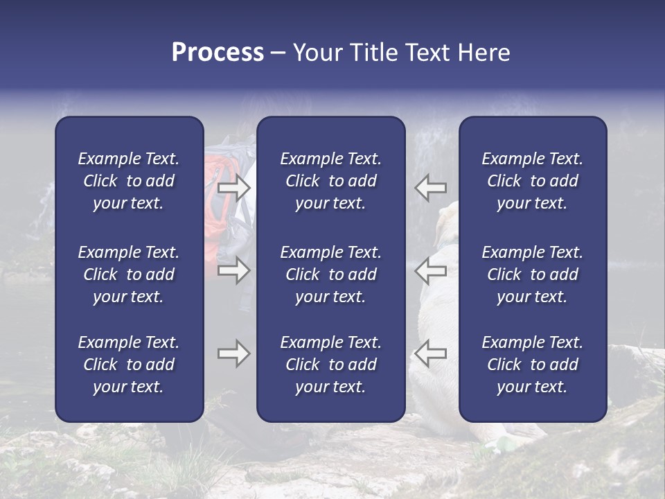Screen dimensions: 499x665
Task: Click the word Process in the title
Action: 218,53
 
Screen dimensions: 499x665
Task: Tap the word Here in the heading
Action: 484,53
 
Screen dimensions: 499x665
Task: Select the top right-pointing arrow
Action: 234,188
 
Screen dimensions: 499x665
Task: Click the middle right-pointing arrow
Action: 234,270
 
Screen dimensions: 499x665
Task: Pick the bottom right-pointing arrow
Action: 234,353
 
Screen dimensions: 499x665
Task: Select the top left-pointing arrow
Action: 431,188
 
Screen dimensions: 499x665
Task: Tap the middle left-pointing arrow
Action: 431,270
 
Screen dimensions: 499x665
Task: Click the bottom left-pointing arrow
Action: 431,353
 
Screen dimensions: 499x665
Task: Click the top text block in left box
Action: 129,181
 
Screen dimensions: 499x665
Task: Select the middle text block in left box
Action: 129,274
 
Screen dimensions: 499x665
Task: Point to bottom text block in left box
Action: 129,365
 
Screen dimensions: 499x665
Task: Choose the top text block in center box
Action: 331,181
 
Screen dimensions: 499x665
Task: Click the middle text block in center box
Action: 331,274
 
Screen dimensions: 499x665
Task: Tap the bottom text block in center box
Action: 331,365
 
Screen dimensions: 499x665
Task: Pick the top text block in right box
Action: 533,181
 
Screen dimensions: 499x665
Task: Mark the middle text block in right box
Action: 533,274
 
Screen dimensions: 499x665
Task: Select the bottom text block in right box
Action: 533,365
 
